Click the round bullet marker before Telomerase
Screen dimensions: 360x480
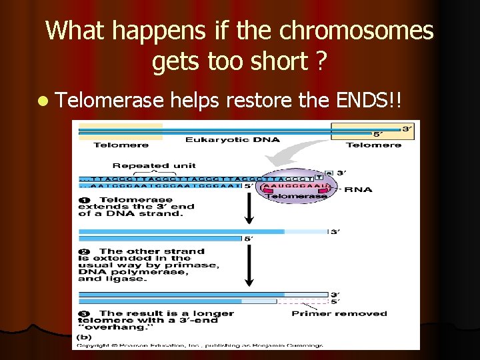(43, 101)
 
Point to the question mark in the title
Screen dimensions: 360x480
(321, 62)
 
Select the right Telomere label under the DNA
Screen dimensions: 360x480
(373, 145)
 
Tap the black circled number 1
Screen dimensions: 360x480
(85, 200)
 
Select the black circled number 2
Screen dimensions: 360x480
(84, 252)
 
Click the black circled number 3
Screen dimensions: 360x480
(84, 313)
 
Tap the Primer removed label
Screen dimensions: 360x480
(339, 313)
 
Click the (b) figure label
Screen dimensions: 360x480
(85, 337)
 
